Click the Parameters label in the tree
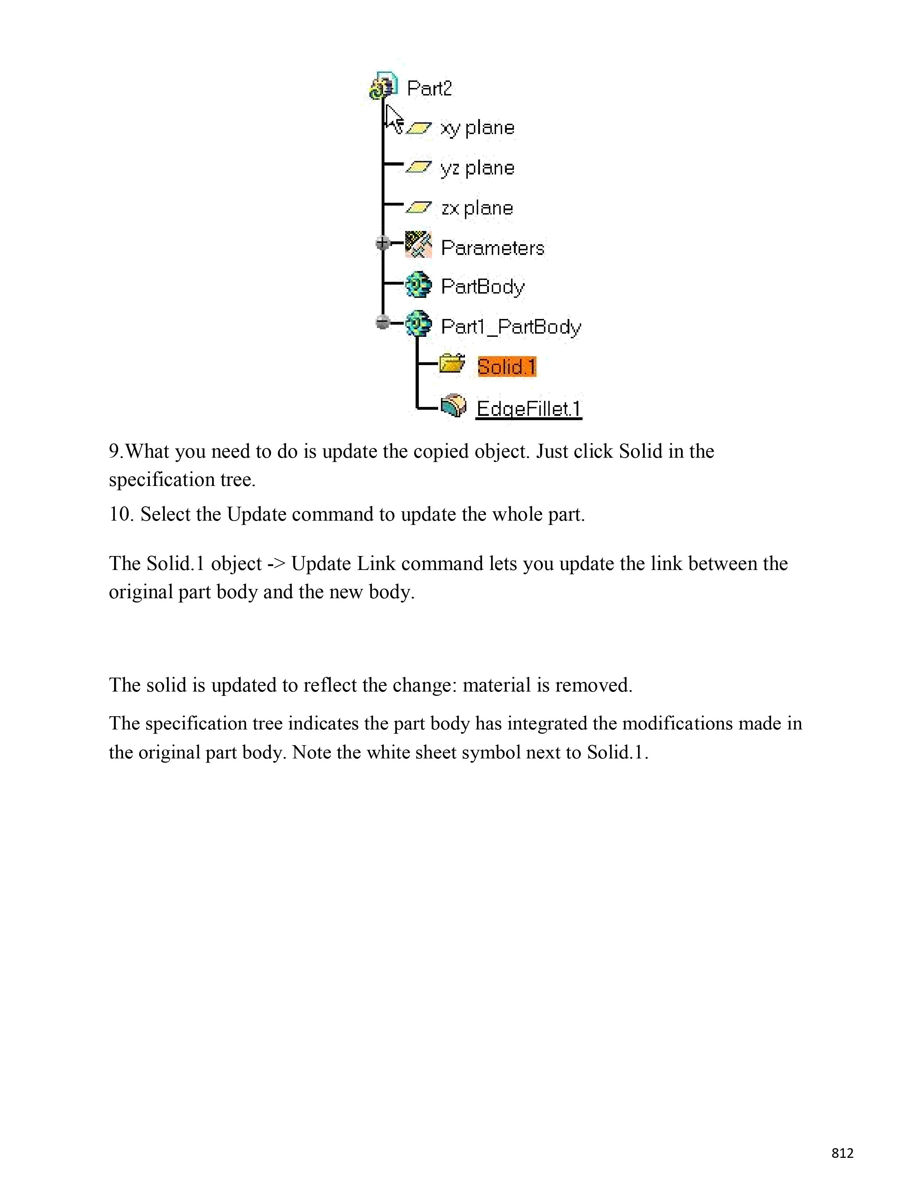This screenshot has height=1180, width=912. pos(492,248)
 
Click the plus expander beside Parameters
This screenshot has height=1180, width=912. pos(383,244)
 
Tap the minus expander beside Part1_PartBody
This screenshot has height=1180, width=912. pos(383,323)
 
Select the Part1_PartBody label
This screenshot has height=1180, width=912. pos(511,327)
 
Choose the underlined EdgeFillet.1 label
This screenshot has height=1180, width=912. pos(528,408)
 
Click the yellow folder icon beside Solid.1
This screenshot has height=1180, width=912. pos(452,364)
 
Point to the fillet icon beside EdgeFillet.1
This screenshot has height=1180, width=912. pos(453,405)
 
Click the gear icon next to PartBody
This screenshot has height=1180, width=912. pos(418,285)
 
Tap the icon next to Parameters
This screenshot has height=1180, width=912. pos(418,244)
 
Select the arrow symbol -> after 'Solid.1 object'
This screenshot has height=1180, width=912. pos(276,564)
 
